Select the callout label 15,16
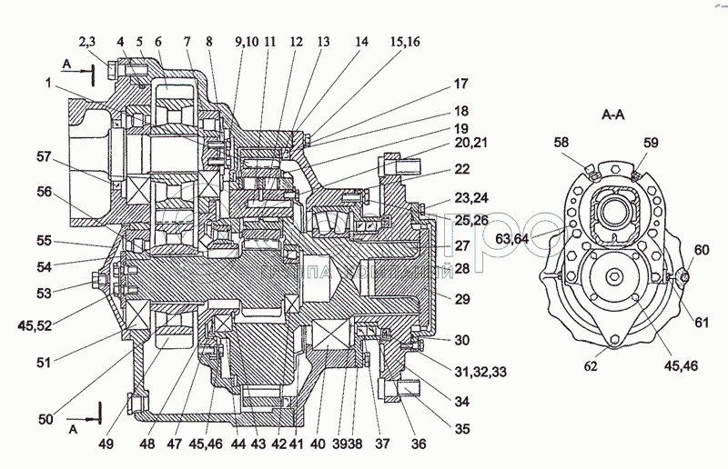[x=405, y=41]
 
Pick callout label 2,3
[x=88, y=41]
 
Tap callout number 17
[x=460, y=85]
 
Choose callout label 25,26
[x=470, y=221]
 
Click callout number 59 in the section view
[x=652, y=143]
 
